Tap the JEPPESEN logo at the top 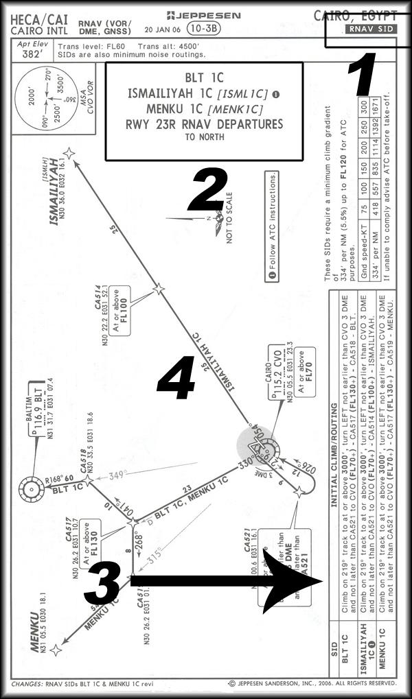tap(204, 14)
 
